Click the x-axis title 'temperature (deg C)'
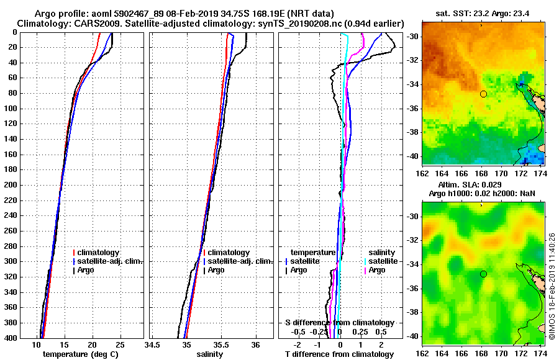80,354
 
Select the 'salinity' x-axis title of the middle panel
210,354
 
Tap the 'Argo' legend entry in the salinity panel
217,270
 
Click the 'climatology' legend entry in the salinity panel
229,253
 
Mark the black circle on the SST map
483,94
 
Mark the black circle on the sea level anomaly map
483,274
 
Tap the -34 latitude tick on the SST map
411,84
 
